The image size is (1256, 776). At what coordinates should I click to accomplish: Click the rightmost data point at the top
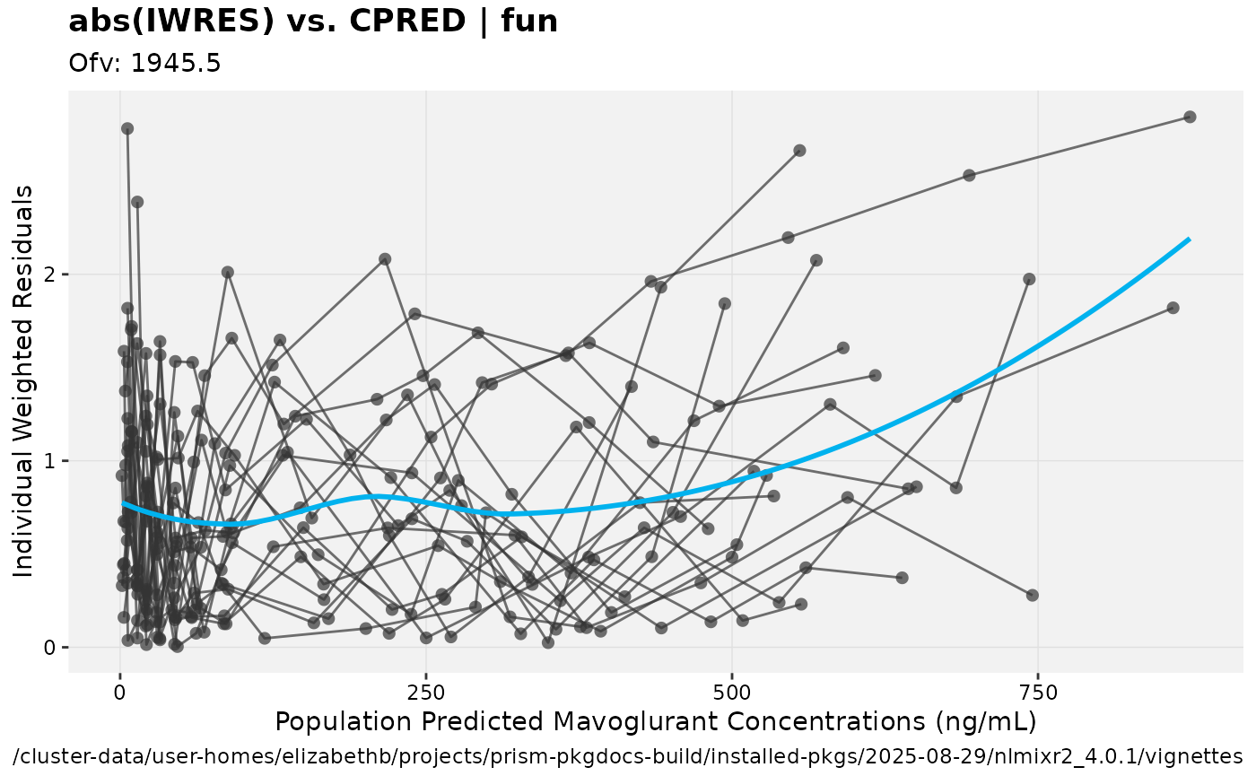tap(1190, 117)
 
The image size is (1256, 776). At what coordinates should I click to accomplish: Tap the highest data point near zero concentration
tap(127, 128)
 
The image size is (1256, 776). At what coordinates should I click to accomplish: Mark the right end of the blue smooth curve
tap(1190, 239)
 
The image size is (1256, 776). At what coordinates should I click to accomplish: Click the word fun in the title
tap(530, 22)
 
